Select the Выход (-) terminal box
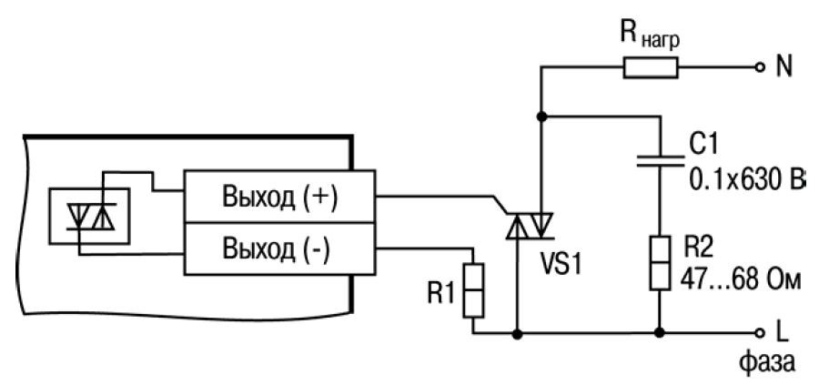click(281, 248)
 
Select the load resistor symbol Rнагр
click(650, 66)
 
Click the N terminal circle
click(759, 66)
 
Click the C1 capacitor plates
click(656, 161)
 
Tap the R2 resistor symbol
click(656, 263)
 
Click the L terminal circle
click(759, 333)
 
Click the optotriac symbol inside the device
click(88, 216)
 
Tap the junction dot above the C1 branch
click(542, 117)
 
